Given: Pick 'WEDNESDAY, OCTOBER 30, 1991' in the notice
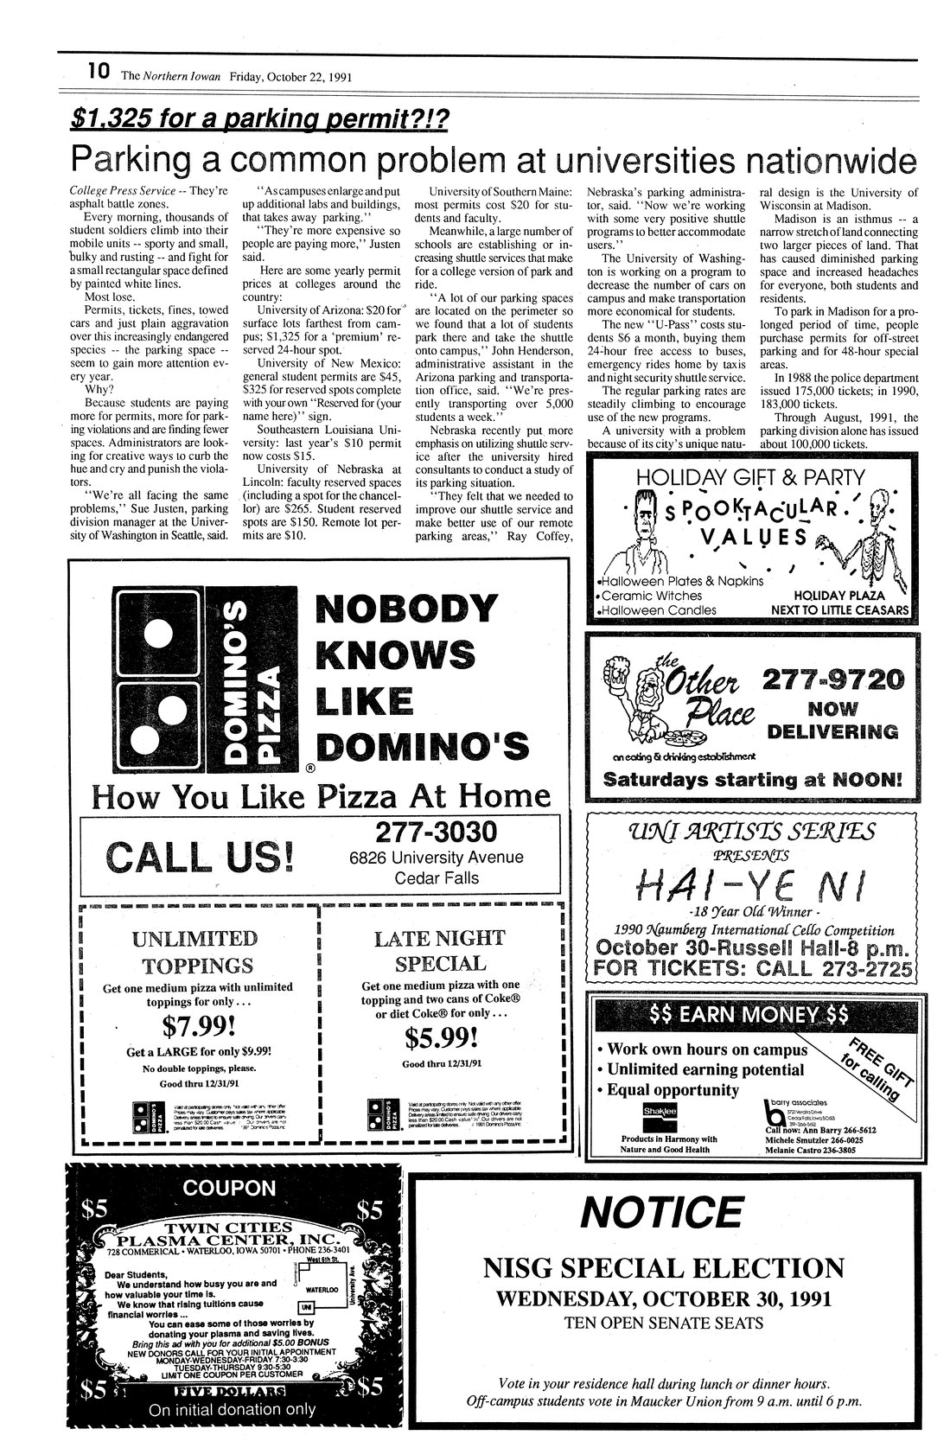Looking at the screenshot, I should (663, 1298).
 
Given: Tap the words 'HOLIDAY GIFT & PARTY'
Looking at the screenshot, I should (749, 476).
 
